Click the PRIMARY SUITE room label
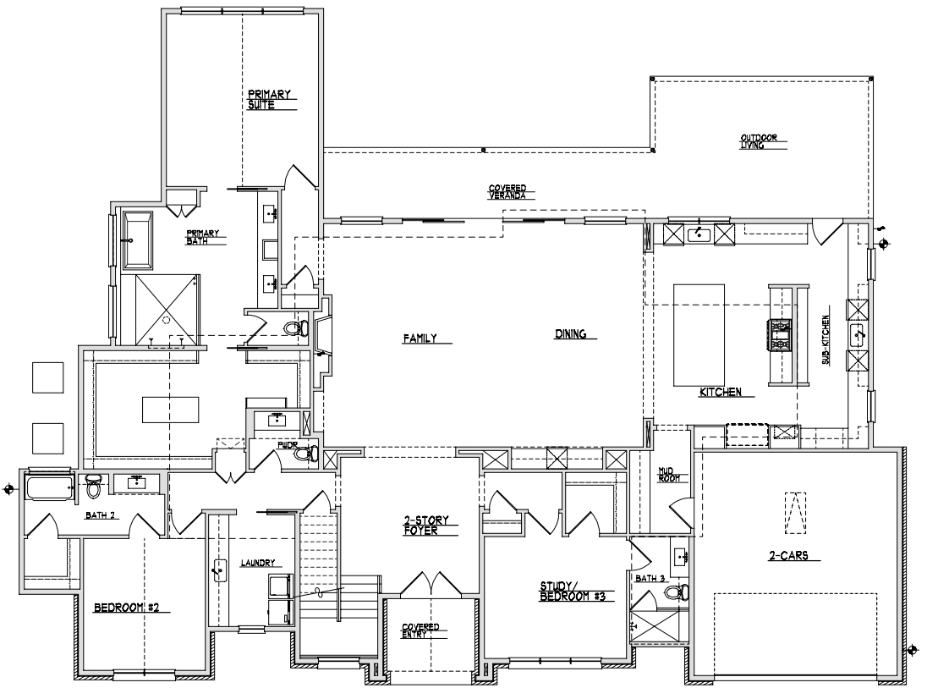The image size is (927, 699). [x=269, y=99]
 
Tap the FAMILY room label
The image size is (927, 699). [x=420, y=338]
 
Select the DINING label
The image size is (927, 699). [x=571, y=334]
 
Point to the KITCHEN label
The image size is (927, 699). [x=720, y=392]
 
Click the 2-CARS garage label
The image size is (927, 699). [x=787, y=556]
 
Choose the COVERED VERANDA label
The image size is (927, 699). [x=507, y=192]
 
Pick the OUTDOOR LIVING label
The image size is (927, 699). [x=759, y=141]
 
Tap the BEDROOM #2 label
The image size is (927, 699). [x=127, y=608]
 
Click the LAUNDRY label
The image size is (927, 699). [x=257, y=563]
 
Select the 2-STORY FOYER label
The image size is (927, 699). [x=426, y=526]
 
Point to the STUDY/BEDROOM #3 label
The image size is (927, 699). [x=573, y=592]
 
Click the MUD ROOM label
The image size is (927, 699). [x=669, y=475]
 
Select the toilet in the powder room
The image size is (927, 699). [x=306, y=454]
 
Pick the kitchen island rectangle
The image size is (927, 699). [x=699, y=335]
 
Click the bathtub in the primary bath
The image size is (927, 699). [x=137, y=240]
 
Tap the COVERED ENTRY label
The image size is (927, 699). [x=420, y=630]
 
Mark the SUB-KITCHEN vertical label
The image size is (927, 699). [x=826, y=339]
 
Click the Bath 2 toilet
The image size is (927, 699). [x=93, y=485]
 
